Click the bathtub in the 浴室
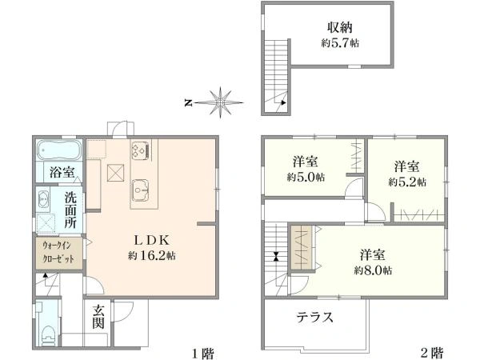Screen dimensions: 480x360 tap(59, 150)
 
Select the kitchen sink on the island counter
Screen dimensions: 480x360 tap(141, 190)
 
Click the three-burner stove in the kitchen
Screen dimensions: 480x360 tap(141, 150)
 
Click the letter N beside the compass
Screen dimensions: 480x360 tap(188, 103)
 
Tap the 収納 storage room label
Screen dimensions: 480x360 tap(340, 27)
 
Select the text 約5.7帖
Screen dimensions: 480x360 tap(340, 43)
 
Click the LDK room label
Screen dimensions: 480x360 tap(151, 240)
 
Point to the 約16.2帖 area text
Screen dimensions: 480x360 tap(151, 255)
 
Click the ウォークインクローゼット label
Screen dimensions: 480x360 tap(58, 252)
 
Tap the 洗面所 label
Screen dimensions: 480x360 tap(70, 210)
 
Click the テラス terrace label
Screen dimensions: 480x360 tap(314, 317)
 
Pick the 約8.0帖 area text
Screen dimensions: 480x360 tap(373, 270)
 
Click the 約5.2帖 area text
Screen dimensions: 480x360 tap(407, 182)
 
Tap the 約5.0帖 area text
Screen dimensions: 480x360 tap(306, 178)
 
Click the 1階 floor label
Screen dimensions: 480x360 tap(202, 354)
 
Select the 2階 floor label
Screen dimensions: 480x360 tap(432, 353)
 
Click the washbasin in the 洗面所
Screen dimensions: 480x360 tap(43, 199)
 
